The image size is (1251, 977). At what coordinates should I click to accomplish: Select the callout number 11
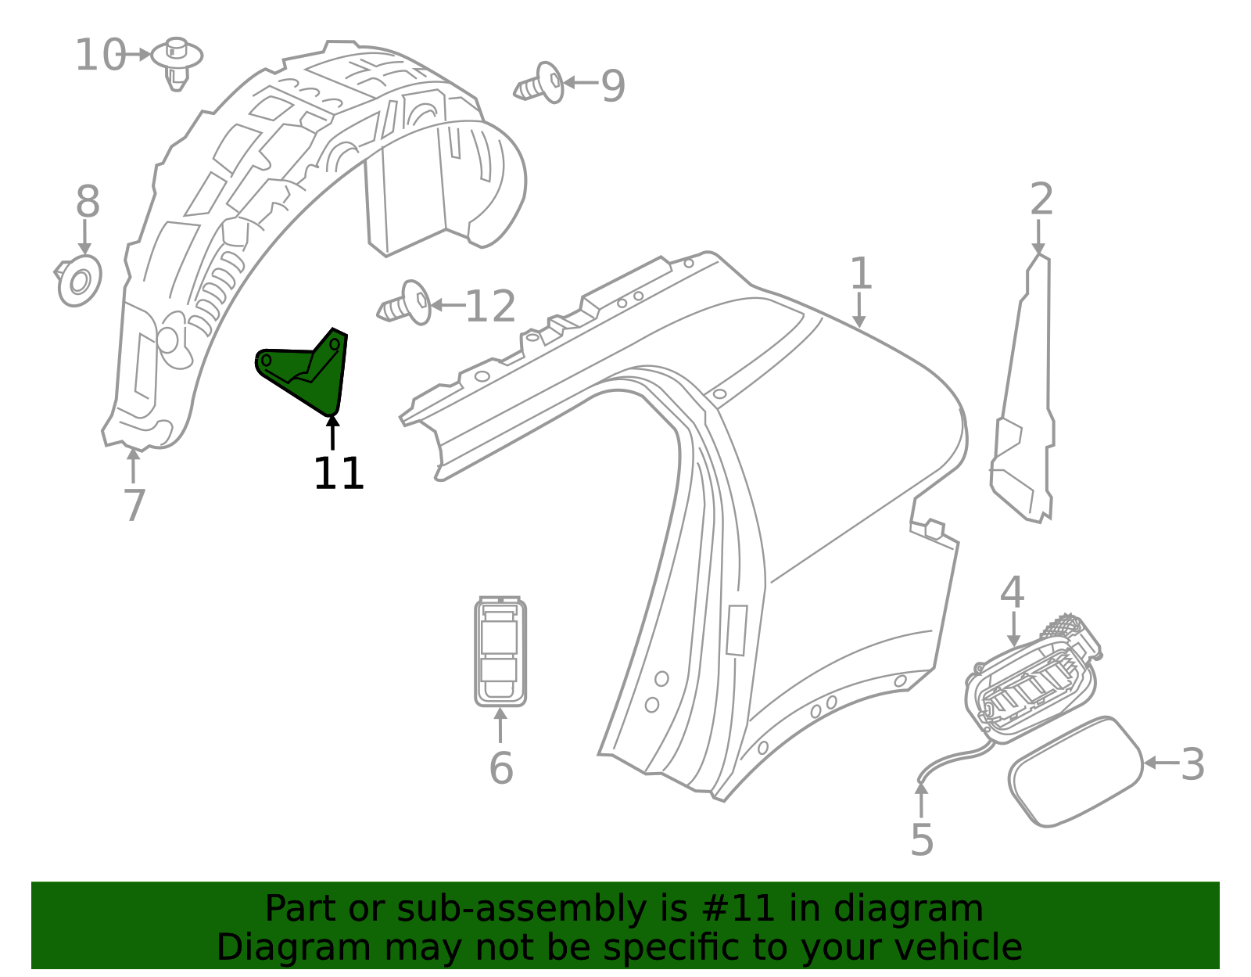coord(338,474)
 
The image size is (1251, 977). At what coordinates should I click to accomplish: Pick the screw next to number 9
coord(539,84)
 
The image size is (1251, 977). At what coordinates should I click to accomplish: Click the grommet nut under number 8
coord(79,282)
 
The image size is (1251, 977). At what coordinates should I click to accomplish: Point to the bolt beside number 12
coord(404,304)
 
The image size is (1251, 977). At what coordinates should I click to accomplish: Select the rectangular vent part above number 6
coord(500,652)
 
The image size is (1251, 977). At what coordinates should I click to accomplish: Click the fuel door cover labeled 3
coord(1075,771)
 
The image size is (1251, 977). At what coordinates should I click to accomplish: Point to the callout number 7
coord(134,505)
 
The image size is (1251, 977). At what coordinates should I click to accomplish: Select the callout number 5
coord(922,840)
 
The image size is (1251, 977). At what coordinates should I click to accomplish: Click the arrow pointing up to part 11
coord(333,433)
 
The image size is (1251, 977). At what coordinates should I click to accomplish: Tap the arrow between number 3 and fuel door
coord(1161,763)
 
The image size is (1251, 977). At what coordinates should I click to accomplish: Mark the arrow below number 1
coord(859,311)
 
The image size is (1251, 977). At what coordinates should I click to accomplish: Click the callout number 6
coord(501,768)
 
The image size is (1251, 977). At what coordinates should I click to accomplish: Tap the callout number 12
coord(490,307)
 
